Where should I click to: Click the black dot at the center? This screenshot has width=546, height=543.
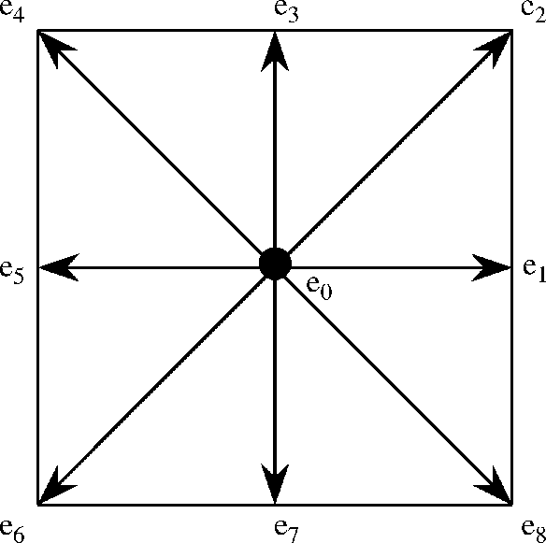tap(275, 264)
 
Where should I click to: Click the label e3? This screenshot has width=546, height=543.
tap(286, 11)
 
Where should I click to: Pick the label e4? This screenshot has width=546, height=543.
tap(12, 11)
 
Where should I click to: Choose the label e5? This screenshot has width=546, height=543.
tap(12, 273)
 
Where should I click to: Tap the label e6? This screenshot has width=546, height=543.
tap(12, 531)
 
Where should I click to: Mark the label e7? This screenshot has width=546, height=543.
tap(286, 531)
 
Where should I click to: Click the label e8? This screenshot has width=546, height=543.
tap(534, 531)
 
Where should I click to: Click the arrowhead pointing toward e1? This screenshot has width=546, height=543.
tap(490, 267)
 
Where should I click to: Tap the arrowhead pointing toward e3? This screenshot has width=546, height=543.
tap(275, 52)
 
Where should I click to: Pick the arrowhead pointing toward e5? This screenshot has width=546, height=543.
tap(59, 267)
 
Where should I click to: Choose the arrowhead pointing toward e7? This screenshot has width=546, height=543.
tap(275, 483)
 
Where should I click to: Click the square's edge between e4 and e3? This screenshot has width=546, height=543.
tap(156, 31)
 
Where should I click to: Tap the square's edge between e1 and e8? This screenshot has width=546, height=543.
tap(511, 386)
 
